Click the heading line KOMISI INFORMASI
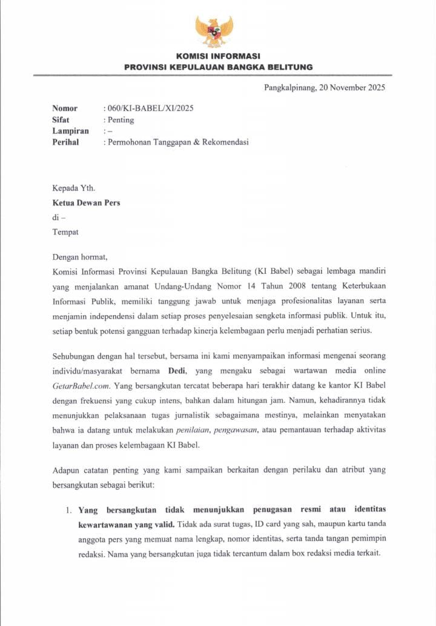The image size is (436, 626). (218, 56)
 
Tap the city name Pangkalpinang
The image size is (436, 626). (290, 87)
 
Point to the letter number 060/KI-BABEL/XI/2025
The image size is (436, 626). (150, 108)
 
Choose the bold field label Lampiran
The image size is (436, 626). (70, 131)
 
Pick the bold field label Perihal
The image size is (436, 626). (65, 142)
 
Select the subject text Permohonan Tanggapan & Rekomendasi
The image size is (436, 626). (178, 142)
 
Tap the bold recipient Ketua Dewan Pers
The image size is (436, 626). (86, 202)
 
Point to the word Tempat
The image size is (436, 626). (65, 231)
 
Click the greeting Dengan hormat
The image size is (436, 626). (79, 256)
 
